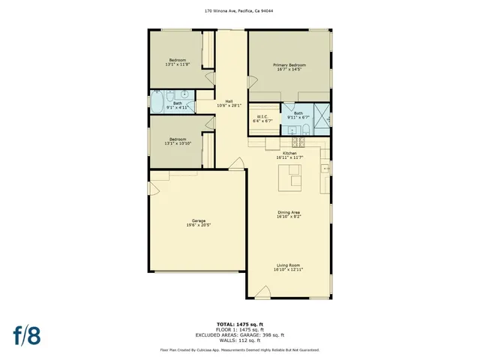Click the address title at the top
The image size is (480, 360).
[239, 11]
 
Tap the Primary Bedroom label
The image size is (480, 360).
[289, 67]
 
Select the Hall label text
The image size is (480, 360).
[228, 103]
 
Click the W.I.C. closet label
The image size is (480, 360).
[262, 118]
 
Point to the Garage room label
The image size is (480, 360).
[197, 223]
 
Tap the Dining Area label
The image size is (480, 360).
[289, 214]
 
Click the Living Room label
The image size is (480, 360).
[289, 267]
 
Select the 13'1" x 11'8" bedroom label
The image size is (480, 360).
[178, 62]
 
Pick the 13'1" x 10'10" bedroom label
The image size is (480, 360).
[178, 141]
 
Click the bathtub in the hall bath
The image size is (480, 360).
[158, 100]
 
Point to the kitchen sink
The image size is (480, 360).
[325, 169]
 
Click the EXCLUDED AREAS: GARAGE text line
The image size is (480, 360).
[239, 334]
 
